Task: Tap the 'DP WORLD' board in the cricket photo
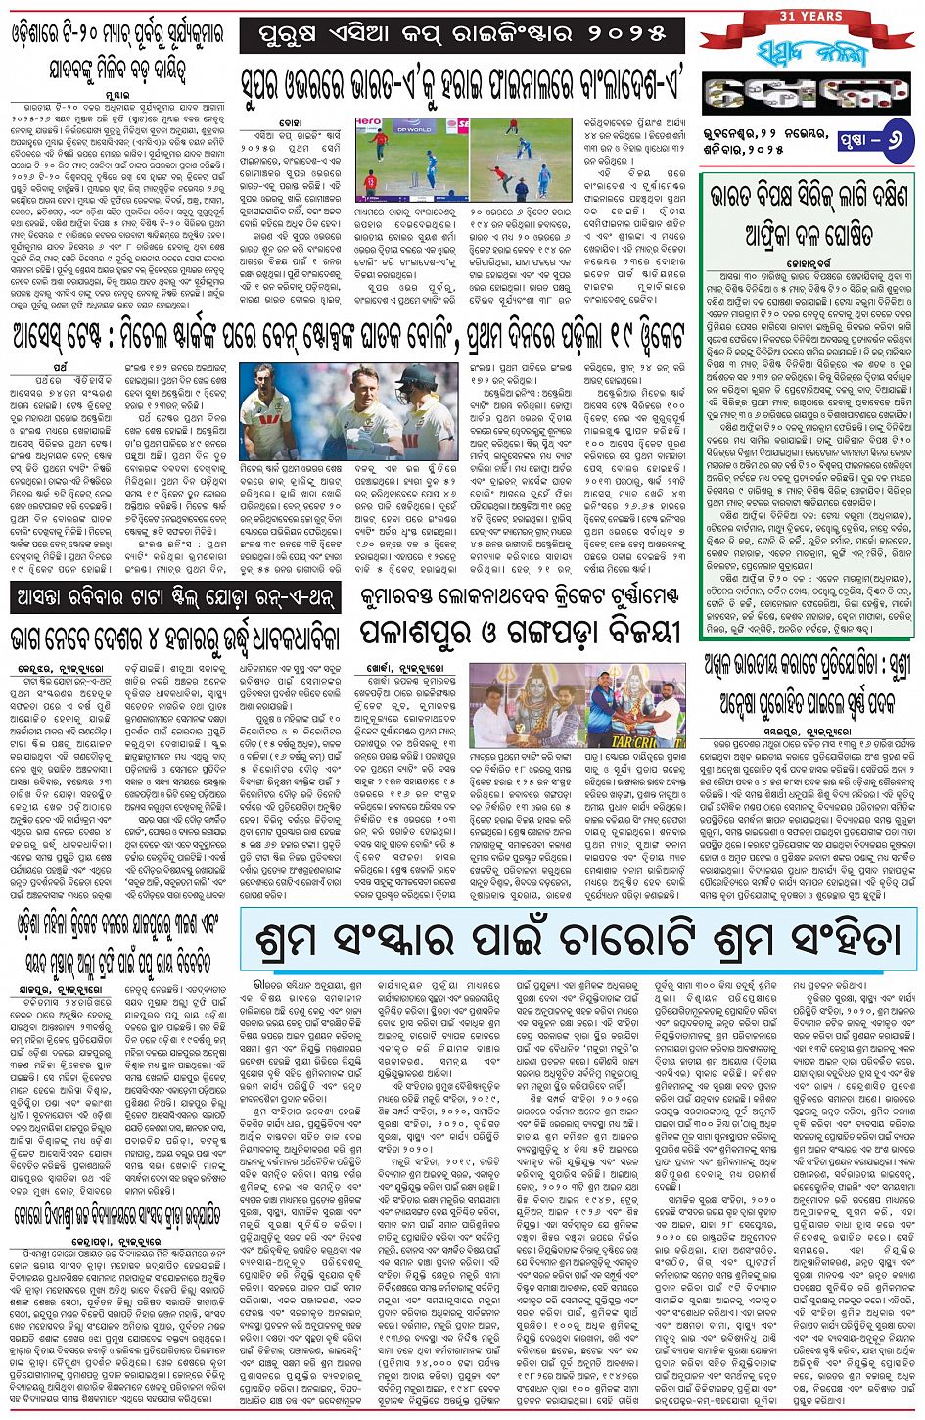point(396,126)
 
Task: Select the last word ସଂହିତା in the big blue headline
point(838,938)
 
